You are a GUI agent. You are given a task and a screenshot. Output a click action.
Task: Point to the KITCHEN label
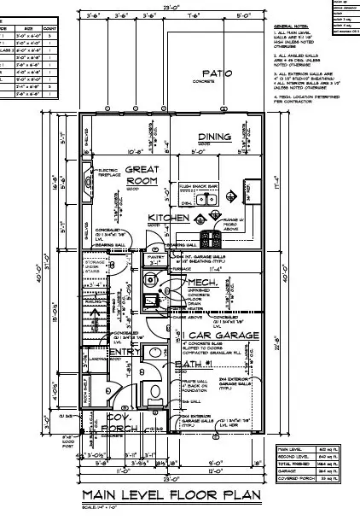pos(168,218)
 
